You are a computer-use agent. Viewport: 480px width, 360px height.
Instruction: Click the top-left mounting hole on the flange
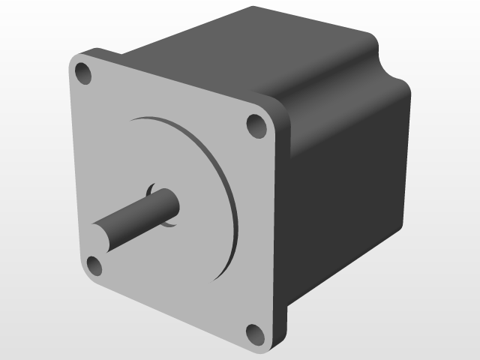coord(83,73)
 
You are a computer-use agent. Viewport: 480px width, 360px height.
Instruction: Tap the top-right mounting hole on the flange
coord(256,125)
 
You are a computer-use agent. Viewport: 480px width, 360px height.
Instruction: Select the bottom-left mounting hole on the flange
coord(94,265)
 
